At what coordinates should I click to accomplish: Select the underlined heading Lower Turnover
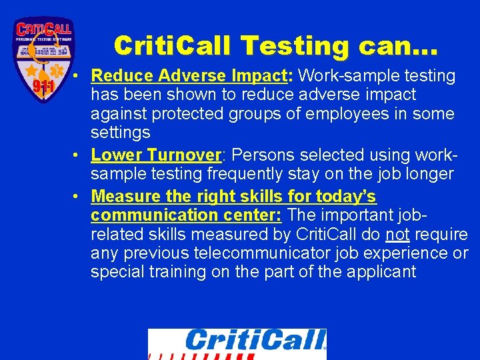(x=155, y=155)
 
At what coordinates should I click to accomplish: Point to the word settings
(x=121, y=133)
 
